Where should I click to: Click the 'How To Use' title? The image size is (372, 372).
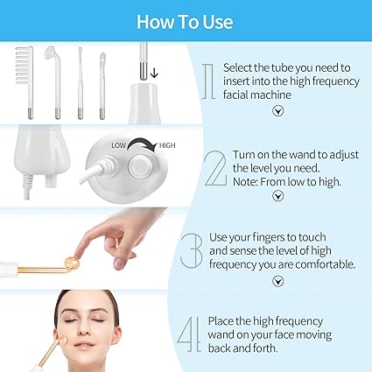pyautogui.click(x=185, y=22)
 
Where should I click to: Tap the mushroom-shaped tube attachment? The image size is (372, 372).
pyautogui.click(x=53, y=81)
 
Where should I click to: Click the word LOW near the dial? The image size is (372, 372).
pyautogui.click(x=118, y=145)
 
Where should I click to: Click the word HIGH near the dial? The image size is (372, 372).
pyautogui.click(x=167, y=145)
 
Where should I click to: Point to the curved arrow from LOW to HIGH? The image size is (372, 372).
pyautogui.click(x=142, y=141)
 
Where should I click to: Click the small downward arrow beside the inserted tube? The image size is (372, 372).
pyautogui.click(x=154, y=73)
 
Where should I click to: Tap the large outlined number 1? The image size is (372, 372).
pyautogui.click(x=209, y=81)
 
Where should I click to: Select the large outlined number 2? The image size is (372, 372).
pyautogui.click(x=215, y=168)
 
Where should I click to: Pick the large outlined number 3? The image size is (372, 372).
pyautogui.click(x=192, y=250)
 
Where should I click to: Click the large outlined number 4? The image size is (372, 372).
pyautogui.click(x=189, y=334)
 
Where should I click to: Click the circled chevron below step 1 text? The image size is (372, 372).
pyautogui.click(x=277, y=111)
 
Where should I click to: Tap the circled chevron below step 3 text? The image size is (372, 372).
pyautogui.click(x=277, y=281)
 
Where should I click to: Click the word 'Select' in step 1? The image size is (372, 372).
pyautogui.click(x=237, y=67)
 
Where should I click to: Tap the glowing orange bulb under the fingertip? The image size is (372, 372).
pyautogui.click(x=72, y=263)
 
